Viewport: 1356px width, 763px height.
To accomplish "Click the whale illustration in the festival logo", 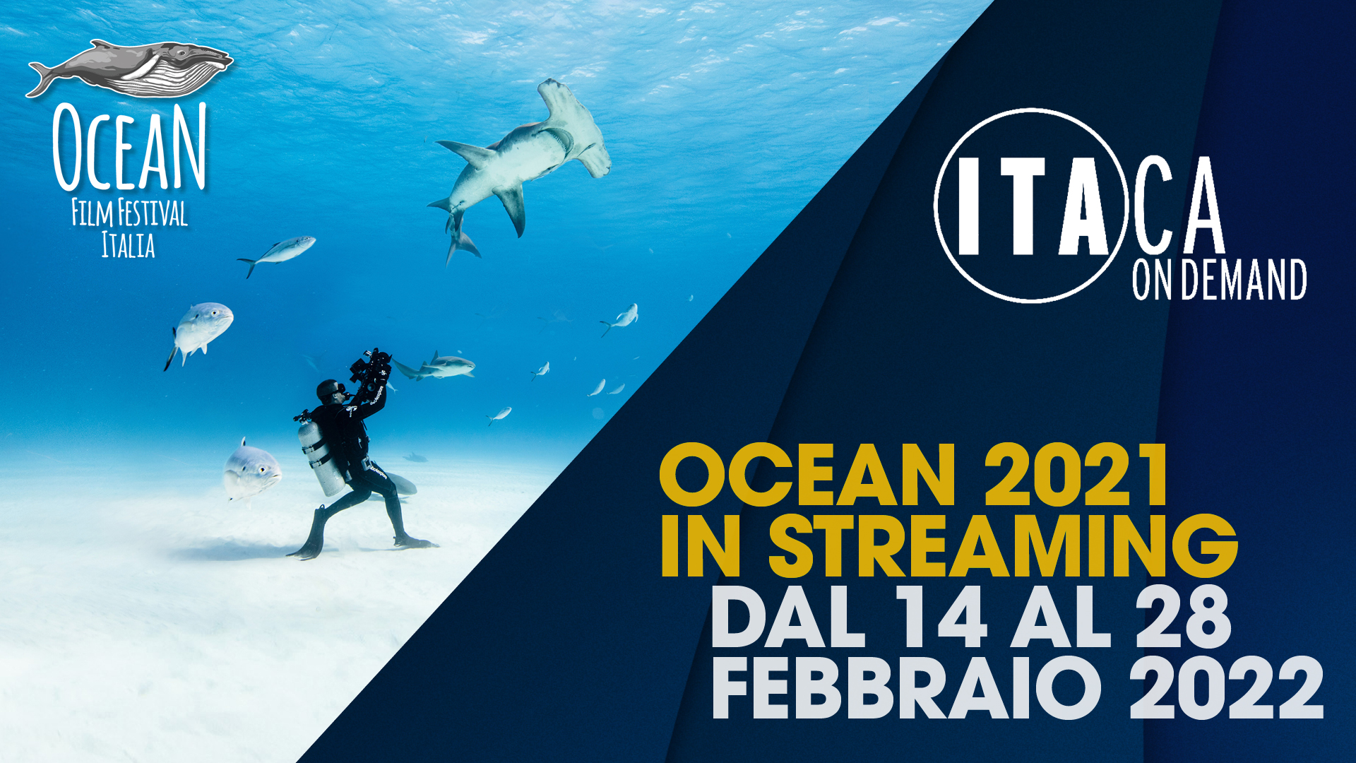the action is pyautogui.click(x=131, y=69).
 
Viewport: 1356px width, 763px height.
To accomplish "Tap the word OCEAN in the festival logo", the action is pyautogui.click(x=130, y=147).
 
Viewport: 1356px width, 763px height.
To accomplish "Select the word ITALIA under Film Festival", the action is pyautogui.click(x=128, y=245).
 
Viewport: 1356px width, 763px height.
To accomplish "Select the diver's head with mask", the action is pyautogui.click(x=331, y=391).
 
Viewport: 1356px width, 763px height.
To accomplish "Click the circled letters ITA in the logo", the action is pyautogui.click(x=1030, y=206).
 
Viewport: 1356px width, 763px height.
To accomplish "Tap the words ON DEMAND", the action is pyautogui.click(x=1220, y=280).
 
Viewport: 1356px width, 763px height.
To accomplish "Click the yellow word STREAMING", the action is pyautogui.click(x=1003, y=545).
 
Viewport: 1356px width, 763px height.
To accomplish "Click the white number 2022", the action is pyautogui.click(x=1226, y=687).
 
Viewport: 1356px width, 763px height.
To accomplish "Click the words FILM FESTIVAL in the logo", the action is pyautogui.click(x=130, y=213).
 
